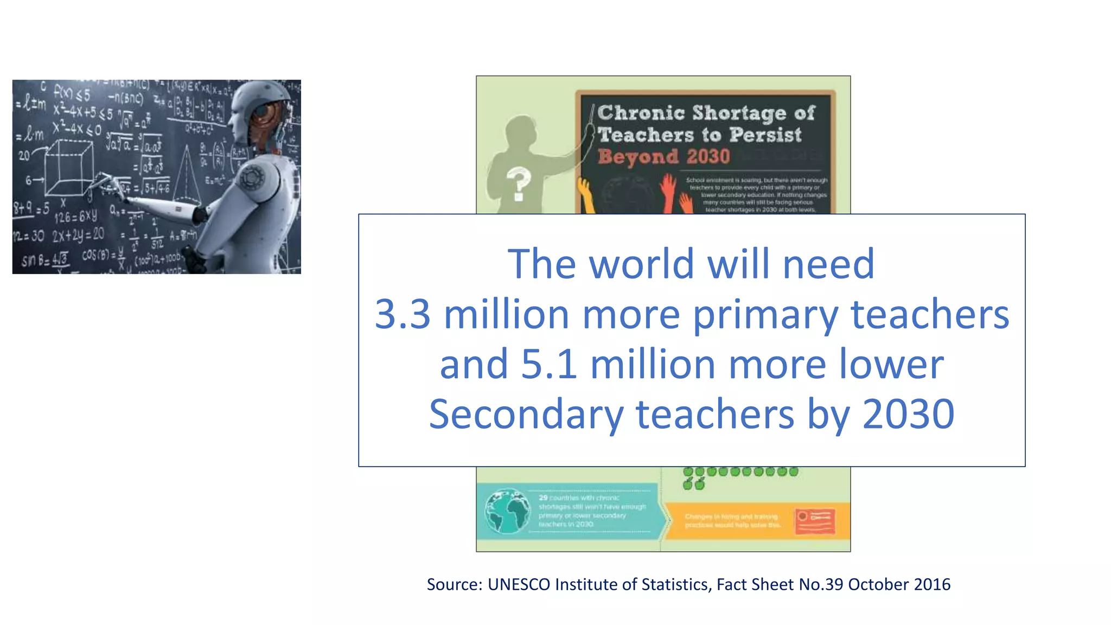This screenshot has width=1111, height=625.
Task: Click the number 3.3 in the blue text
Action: tap(403, 314)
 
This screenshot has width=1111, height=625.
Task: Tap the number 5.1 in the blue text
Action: tap(548, 364)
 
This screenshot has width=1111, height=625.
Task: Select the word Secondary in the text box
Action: tap(526, 414)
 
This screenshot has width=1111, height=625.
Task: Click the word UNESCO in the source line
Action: tap(519, 584)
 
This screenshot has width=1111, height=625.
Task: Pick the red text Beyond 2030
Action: tap(664, 157)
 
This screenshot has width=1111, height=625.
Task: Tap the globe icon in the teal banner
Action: tap(507, 511)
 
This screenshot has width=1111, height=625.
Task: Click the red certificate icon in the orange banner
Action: tap(815, 521)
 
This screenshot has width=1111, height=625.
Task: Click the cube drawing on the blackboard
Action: tap(69, 168)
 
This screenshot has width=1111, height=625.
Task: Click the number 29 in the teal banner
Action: tap(543, 498)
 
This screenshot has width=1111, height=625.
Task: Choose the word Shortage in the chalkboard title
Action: tap(739, 113)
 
